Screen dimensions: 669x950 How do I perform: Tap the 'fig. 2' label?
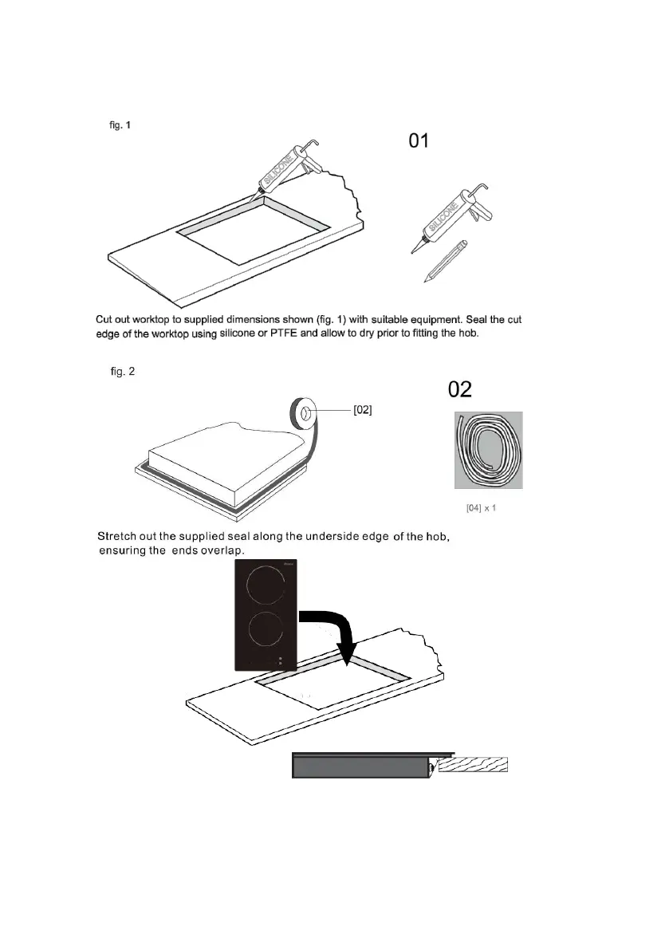[x=123, y=373]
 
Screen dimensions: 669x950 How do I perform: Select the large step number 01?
[x=419, y=141]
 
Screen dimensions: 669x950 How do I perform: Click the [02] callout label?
[x=363, y=410]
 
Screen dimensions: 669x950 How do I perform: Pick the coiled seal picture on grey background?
[x=488, y=450]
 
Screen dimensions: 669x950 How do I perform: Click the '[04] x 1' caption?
[x=482, y=507]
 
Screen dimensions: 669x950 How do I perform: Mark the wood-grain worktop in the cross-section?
[x=474, y=765]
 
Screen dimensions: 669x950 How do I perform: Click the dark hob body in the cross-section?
[x=359, y=768]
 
